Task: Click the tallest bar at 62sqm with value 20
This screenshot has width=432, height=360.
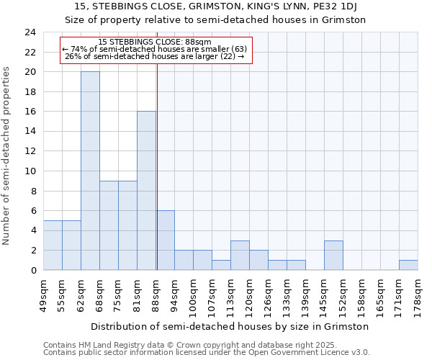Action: point(90,171)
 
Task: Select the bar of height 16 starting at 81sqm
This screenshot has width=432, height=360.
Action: point(146,191)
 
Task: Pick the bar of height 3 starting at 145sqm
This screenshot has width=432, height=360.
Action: point(333,255)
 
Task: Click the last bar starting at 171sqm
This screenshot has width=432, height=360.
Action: point(408,265)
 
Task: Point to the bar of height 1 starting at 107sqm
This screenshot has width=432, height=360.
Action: point(221,265)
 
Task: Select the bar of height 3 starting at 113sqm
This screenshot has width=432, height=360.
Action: point(240,255)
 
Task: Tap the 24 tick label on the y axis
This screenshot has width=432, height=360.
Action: point(30,32)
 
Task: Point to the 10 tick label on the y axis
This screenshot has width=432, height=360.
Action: point(30,171)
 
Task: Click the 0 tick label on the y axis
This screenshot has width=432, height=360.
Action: point(33,270)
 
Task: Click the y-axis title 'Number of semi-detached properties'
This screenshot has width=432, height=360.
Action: point(7,155)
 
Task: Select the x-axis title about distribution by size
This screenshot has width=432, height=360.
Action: point(230,326)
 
